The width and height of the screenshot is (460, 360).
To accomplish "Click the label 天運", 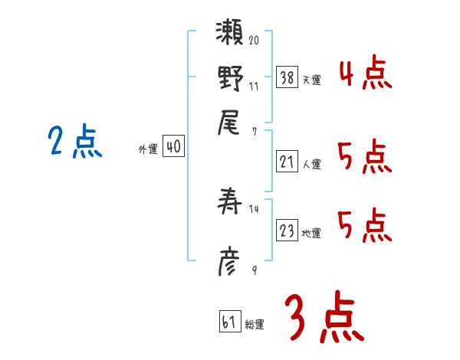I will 311,80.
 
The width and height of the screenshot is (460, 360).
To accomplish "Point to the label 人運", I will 311,164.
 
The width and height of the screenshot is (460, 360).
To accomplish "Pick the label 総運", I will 255,324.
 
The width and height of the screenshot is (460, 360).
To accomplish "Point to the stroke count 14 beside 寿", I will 254,209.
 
